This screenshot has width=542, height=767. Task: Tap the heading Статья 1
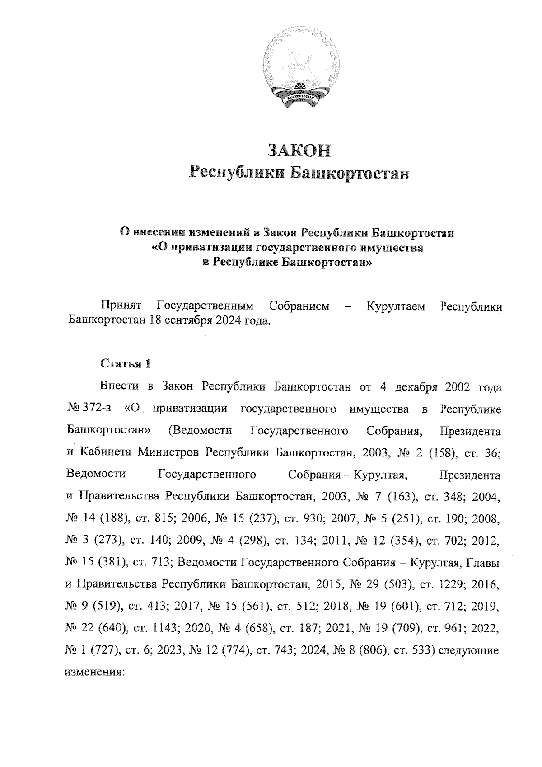coord(125,363)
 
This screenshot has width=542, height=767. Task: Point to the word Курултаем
coord(396,306)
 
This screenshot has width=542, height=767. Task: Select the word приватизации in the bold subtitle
coord(206,248)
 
